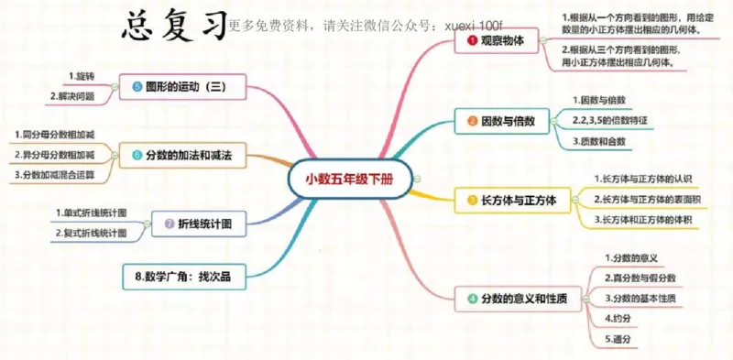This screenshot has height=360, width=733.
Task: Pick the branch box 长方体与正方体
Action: click(x=514, y=199)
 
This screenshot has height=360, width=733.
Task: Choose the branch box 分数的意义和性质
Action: click(x=517, y=299)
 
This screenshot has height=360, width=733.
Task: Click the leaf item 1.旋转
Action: click(x=82, y=75)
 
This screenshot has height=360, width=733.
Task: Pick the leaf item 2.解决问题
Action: click(x=76, y=96)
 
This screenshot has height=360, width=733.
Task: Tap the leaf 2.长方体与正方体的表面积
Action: click(x=645, y=199)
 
